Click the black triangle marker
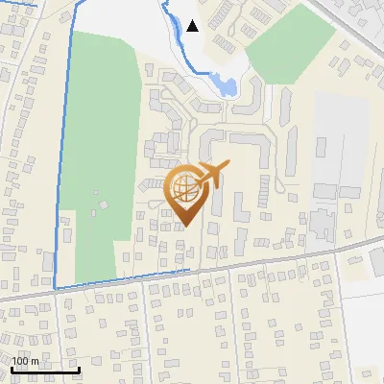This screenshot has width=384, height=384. click(194, 26)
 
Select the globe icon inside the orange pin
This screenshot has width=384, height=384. click(186, 189)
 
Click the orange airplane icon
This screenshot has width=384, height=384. click(211, 175)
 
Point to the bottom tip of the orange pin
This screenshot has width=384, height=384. click(186, 227)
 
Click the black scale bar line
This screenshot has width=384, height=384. click(45, 370)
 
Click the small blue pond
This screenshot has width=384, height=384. click(227, 85)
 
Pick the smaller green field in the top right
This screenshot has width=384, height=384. click(288, 43)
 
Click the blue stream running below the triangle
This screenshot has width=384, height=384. click(177, 43)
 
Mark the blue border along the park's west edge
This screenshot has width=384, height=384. click(64, 154)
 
